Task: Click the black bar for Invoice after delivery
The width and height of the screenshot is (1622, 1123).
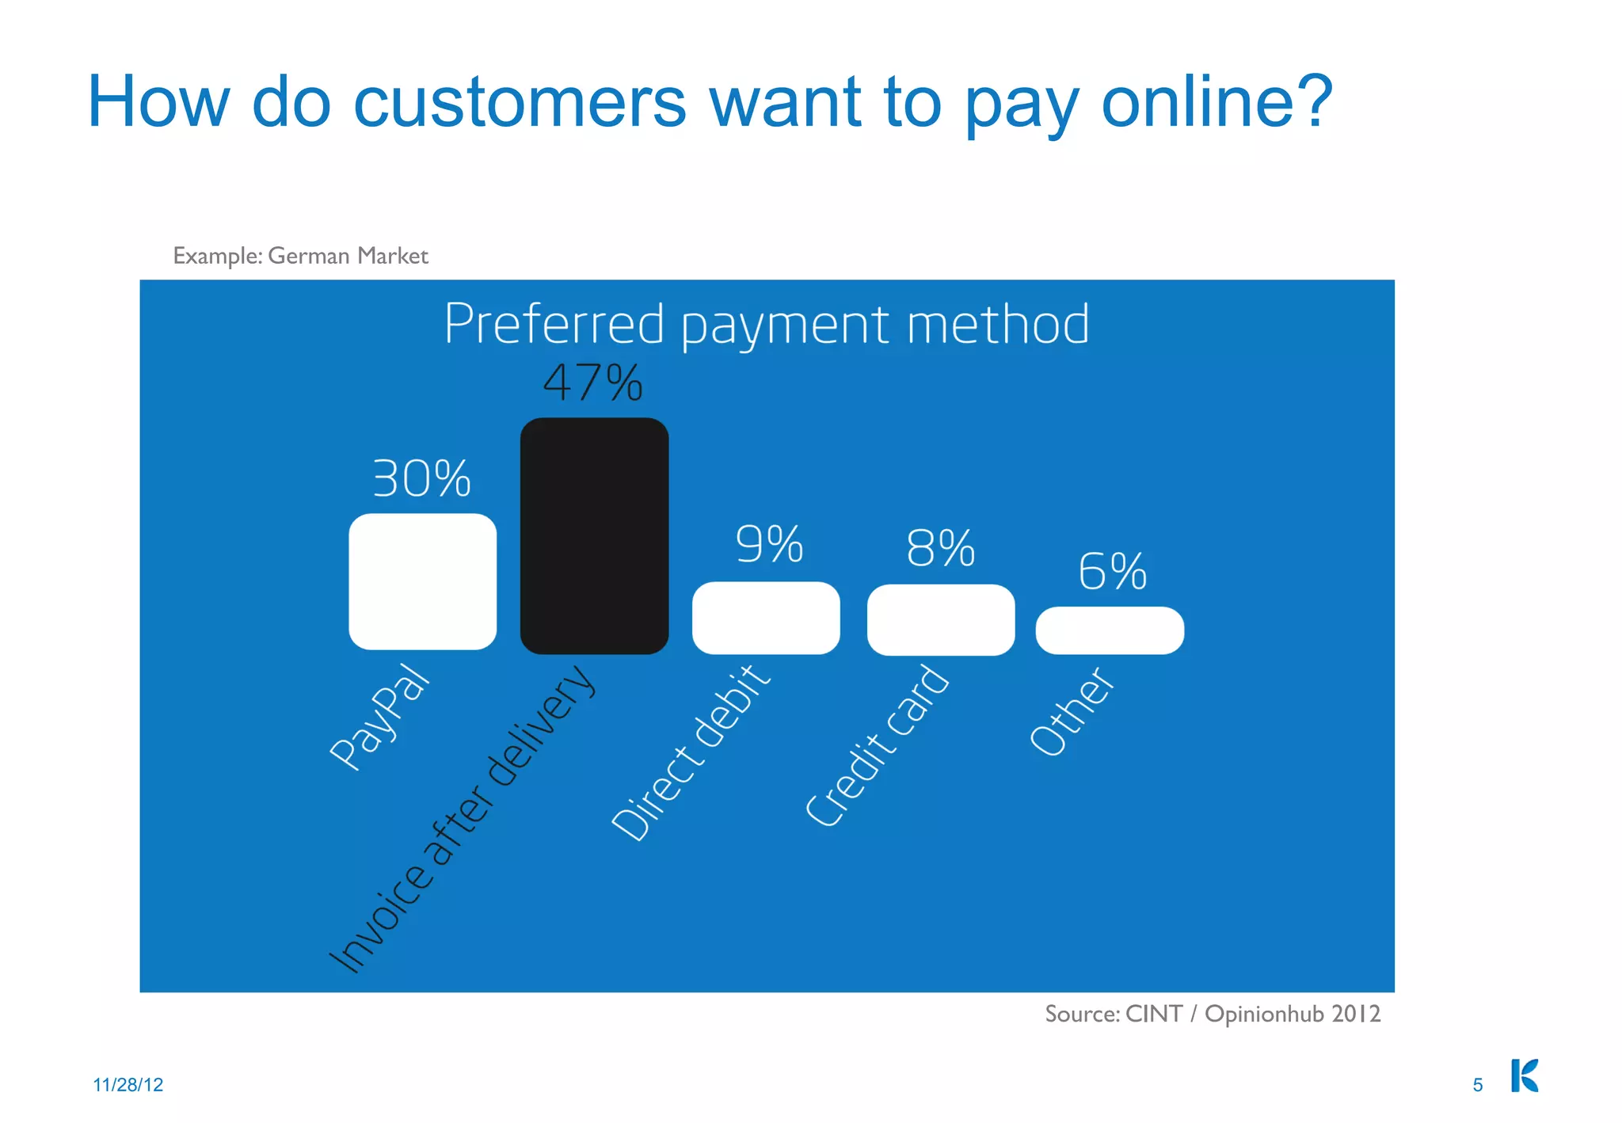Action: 594,536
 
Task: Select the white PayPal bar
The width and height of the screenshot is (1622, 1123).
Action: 422,581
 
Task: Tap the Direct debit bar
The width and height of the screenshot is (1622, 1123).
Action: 766,618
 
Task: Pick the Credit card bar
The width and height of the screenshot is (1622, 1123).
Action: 941,619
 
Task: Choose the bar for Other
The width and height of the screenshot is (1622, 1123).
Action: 1110,630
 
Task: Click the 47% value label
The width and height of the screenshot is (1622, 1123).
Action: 592,383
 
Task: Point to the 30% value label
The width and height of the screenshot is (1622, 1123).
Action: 421,478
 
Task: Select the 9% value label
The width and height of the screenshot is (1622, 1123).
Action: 769,544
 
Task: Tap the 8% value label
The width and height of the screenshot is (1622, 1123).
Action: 940,548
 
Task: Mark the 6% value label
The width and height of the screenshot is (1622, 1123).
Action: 1112,571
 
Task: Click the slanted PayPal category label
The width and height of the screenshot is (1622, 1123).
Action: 380,716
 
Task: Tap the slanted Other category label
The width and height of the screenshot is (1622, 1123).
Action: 1072,711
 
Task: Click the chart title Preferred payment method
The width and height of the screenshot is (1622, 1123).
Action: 766,324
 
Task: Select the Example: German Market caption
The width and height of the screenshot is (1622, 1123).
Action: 300,256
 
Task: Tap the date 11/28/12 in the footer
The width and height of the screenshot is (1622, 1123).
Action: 128,1085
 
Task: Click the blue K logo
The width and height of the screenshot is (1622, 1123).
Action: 1525,1075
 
